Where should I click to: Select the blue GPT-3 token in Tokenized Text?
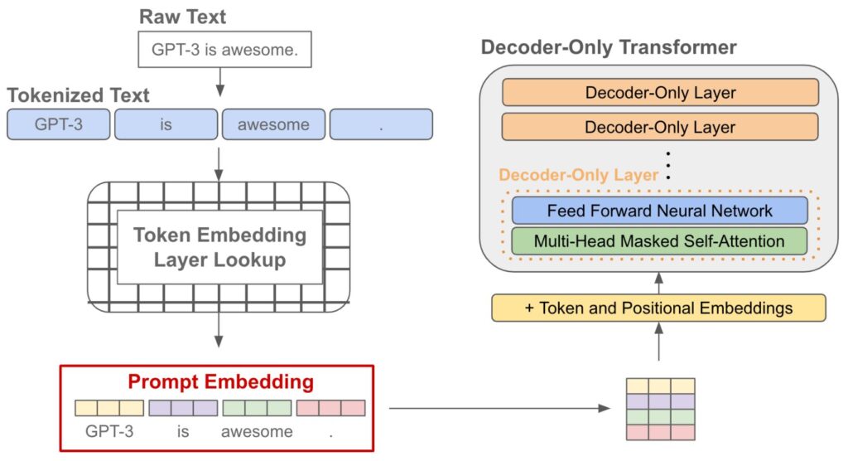tap(59, 125)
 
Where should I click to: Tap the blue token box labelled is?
tap(166, 125)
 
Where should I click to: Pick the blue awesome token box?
tap(273, 125)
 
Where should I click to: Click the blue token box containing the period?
tap(381, 125)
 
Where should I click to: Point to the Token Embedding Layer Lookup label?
tap(219, 247)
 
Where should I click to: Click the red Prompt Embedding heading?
tap(220, 382)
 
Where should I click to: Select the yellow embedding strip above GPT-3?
tap(109, 408)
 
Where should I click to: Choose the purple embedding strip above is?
tap(183, 408)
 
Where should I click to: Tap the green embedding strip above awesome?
tap(257, 408)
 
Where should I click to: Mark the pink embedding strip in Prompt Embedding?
tap(330, 408)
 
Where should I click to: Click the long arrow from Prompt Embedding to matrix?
tap(497, 408)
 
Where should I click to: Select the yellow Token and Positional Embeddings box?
tap(658, 308)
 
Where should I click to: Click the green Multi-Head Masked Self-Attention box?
tap(659, 241)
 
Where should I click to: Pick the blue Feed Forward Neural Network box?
tap(659, 211)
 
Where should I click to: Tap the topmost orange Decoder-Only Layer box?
tap(659, 93)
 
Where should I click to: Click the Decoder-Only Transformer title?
tap(609, 47)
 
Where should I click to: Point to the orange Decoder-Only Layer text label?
tap(577, 175)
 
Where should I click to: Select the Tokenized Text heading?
tap(79, 95)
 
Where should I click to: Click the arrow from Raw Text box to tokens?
tap(219, 81)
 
